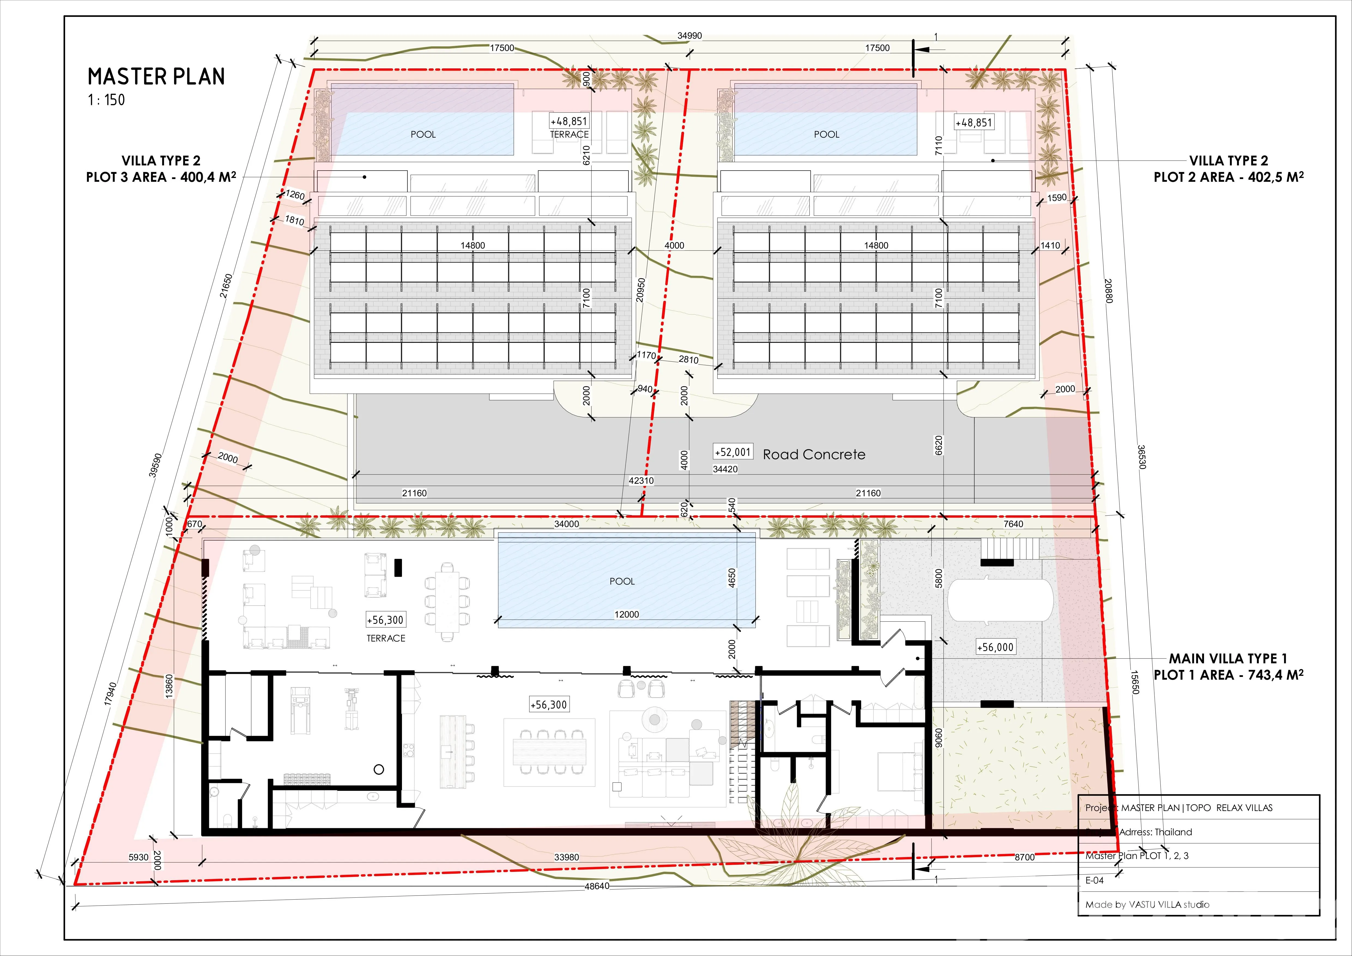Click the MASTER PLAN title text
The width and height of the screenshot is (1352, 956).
coord(156,77)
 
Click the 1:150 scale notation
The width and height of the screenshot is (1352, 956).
coord(107,100)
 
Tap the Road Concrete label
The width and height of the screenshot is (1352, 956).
coord(814,455)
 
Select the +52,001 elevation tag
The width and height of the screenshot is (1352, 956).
coord(733,452)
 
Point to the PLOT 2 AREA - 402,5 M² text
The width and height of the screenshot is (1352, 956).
coord(1228,177)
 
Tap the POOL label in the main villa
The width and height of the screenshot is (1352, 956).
coord(622,581)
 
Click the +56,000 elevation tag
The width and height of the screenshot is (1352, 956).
coord(995,647)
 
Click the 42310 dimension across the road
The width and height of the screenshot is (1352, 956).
coord(641,480)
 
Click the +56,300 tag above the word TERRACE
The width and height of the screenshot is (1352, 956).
coord(385,620)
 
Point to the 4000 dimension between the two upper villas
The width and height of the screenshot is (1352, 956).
coord(674,246)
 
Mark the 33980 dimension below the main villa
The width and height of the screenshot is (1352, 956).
coord(567,857)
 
